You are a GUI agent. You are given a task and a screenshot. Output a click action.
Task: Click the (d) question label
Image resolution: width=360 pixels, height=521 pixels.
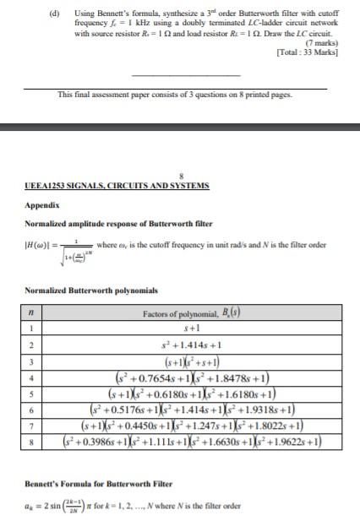pyautogui.click(x=56, y=14)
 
